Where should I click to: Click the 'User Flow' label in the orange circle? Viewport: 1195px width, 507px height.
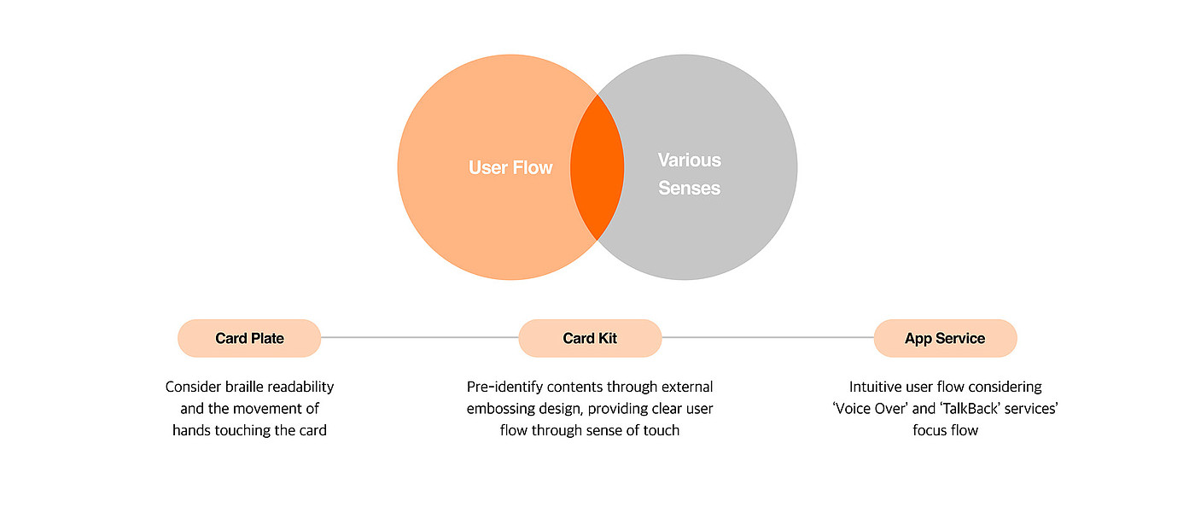tap(510, 168)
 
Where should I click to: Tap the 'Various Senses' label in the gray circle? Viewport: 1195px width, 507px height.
tap(689, 174)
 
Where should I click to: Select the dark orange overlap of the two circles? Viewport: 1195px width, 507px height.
tap(597, 167)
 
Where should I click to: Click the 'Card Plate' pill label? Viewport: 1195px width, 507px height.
tap(249, 339)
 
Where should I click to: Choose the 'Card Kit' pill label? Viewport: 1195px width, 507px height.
tap(590, 339)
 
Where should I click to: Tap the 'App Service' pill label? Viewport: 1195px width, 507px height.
tap(945, 339)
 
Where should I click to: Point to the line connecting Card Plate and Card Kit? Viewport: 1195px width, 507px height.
tap(419, 338)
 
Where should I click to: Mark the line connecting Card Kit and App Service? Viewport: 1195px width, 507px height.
tap(767, 338)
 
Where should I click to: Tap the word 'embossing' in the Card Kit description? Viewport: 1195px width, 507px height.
tap(499, 409)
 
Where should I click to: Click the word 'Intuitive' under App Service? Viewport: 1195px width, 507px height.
tap(877, 388)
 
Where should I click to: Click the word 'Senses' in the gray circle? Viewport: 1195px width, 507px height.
tap(689, 189)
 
